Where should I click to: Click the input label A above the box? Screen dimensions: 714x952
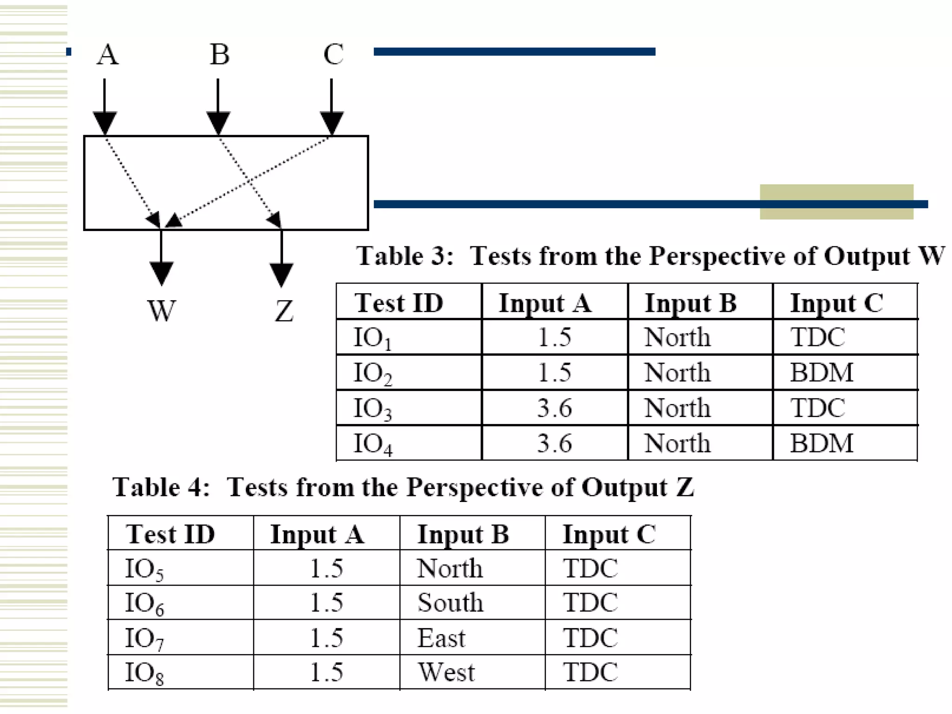coord(107,54)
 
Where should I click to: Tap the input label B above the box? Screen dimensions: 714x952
coord(219,54)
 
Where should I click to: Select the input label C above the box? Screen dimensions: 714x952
coord(333,54)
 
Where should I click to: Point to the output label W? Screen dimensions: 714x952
coord(161,311)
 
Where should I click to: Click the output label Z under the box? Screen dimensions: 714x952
coord(284,311)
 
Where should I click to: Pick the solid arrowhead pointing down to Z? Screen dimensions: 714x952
coord(281,274)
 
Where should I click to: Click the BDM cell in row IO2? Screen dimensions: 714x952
coord(821,372)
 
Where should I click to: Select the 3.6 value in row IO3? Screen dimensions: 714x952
coord(554,408)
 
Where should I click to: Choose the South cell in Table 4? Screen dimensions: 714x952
coord(450,602)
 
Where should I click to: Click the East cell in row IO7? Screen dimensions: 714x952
coord(441,637)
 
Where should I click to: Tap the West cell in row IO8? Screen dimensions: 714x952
coord(446,672)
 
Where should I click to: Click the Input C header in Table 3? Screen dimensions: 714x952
coord(836,303)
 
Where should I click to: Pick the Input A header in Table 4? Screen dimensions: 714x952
coord(317,534)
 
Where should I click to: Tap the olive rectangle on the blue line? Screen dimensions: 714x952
coord(836,202)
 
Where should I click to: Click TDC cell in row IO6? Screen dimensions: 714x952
coord(590,602)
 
